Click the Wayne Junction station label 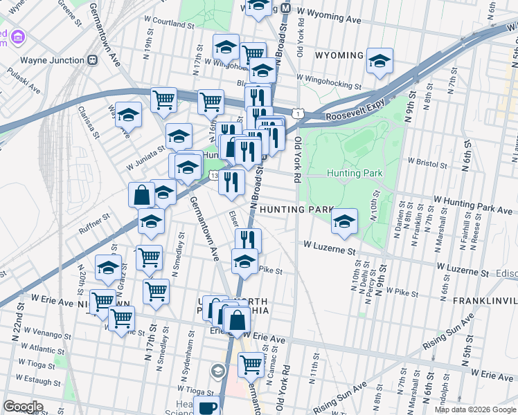tap(51, 59)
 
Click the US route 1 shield tap(296, 112)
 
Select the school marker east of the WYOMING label tap(379, 62)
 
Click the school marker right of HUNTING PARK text tap(344, 221)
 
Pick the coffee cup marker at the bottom tap(206, 407)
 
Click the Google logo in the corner tap(23, 407)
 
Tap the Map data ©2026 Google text tap(474, 409)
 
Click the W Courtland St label tap(169, 23)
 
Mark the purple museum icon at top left tap(17, 36)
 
